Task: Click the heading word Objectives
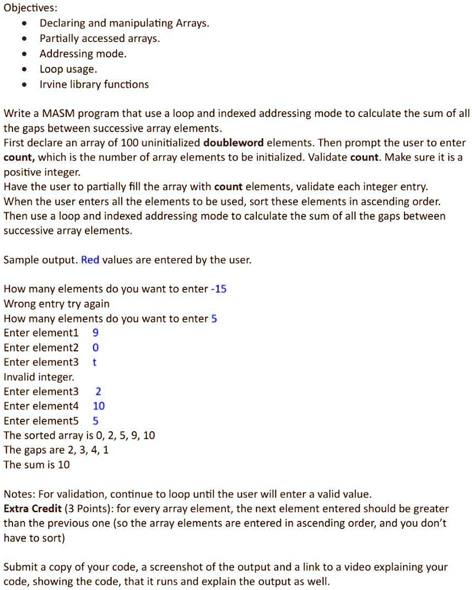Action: pyautogui.click(x=29, y=8)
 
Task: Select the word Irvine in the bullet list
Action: pyautogui.click(x=54, y=84)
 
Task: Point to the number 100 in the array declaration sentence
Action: pyautogui.click(x=128, y=143)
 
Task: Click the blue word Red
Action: pyautogui.click(x=90, y=260)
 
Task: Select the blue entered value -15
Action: pyautogui.click(x=219, y=289)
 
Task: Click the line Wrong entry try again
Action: pyautogui.click(x=57, y=304)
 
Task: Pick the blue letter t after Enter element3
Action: pyautogui.click(x=95, y=362)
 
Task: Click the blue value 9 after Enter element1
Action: pyautogui.click(x=96, y=333)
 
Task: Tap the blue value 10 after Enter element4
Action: pyautogui.click(x=99, y=406)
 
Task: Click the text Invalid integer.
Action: pyautogui.click(x=39, y=376)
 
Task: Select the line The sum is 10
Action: pyautogui.click(x=37, y=464)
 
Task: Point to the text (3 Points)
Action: pyautogui.click(x=86, y=508)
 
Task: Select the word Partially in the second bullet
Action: pyautogui.click(x=57, y=39)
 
